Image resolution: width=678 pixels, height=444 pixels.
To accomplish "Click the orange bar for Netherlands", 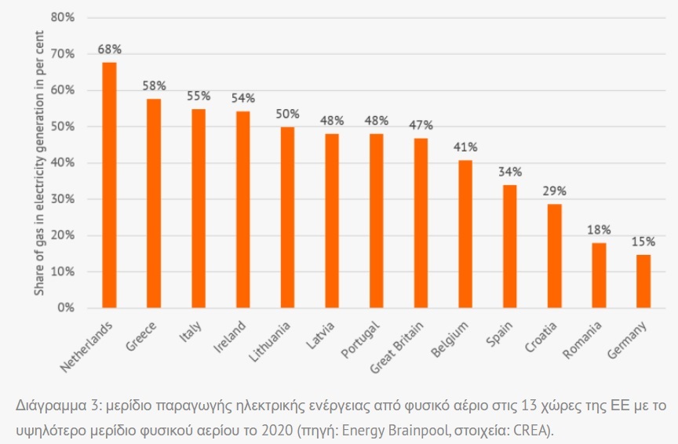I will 110,185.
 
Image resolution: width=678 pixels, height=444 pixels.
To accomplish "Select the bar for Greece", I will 154,203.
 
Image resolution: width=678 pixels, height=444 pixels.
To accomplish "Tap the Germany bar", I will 643,281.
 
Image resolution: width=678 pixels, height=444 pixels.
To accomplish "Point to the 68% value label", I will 109,49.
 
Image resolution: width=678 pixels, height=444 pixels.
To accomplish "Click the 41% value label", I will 465,147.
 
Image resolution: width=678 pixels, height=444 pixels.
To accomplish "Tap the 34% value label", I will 510,172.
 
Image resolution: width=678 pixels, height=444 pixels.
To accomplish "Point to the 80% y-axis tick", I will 64,17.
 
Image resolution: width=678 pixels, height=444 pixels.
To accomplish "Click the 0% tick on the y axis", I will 66,308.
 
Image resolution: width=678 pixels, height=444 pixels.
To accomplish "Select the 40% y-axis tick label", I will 64,163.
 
